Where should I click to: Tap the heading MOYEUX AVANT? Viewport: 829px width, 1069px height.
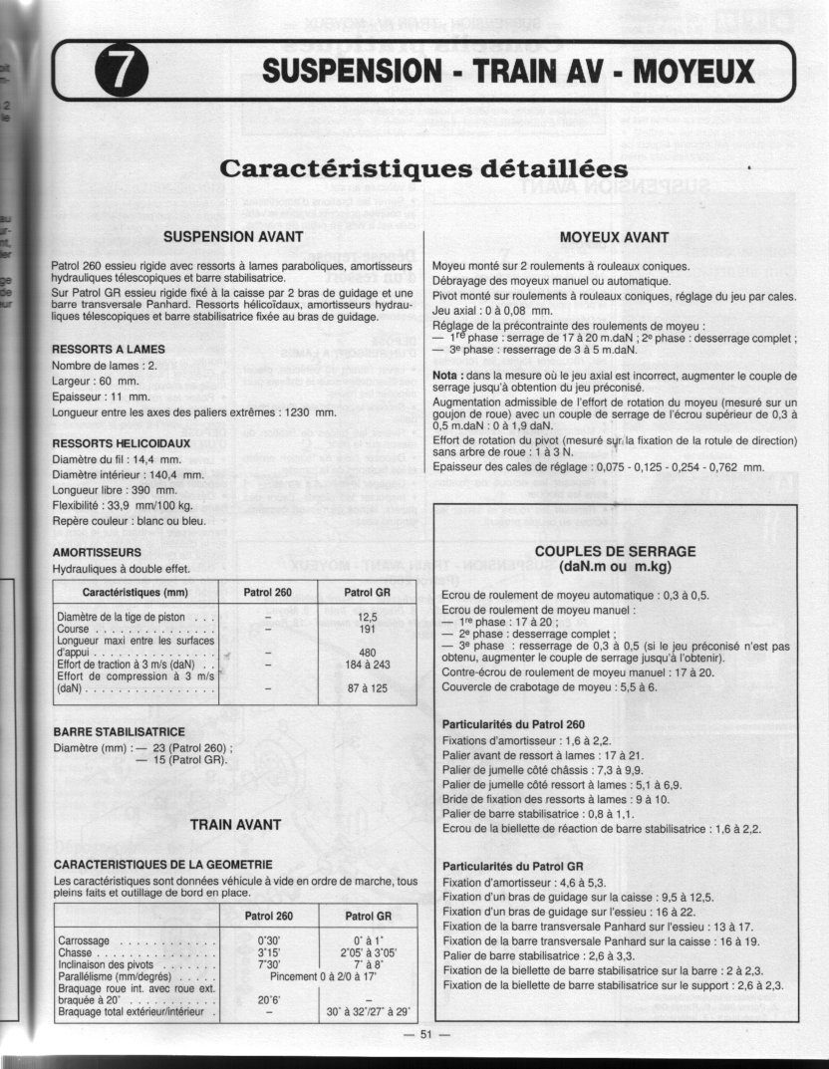pos(614,237)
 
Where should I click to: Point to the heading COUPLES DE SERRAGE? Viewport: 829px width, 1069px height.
pos(615,551)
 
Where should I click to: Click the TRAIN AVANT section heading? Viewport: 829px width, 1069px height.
pos(235,824)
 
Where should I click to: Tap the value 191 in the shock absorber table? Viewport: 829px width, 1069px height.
pos(367,630)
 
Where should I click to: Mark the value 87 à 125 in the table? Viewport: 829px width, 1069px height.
pos(367,688)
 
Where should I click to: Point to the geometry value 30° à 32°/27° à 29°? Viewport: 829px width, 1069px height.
pos(368,1012)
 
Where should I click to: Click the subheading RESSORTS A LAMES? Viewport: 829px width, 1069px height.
pos(108,349)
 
